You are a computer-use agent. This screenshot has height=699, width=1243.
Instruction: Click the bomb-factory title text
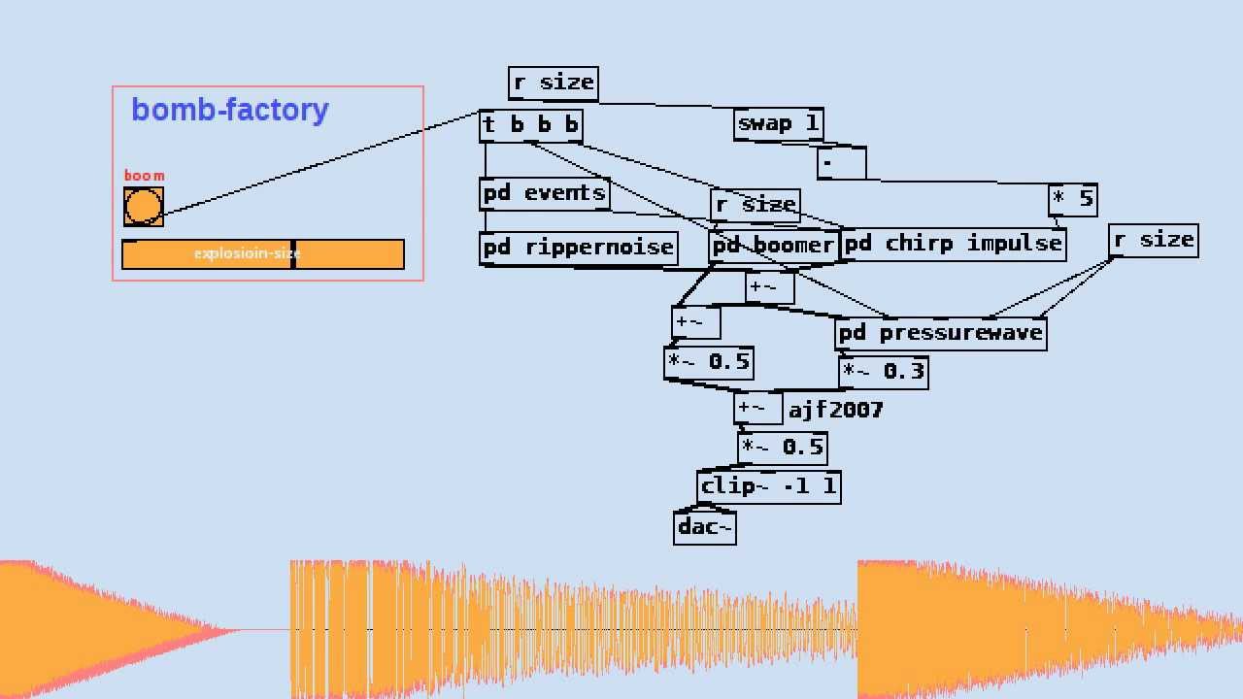coord(230,110)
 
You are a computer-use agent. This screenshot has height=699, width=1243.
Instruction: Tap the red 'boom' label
coord(144,176)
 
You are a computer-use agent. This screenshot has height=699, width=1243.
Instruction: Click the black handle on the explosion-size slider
coord(292,254)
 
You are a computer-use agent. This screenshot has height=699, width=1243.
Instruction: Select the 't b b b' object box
coord(531,125)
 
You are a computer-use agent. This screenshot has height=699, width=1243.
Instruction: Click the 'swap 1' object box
coord(778,124)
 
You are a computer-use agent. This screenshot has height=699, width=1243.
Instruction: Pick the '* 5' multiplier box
coord(1072,200)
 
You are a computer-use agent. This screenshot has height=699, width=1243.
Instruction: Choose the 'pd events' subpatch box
coord(544,193)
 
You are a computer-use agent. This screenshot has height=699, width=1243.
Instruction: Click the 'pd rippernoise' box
coord(579,248)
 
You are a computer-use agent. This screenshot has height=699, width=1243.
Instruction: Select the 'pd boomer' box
coord(773,246)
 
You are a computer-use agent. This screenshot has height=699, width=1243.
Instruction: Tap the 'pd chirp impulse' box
coord(953,244)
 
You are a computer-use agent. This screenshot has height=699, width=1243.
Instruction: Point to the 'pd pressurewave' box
coord(940,333)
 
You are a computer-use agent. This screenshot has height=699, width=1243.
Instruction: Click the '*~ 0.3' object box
coord(883,372)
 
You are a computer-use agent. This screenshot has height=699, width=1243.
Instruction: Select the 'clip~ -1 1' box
coord(768,486)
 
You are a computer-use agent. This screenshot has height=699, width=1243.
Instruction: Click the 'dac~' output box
coord(704,527)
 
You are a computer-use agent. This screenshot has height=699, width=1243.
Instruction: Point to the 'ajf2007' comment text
coord(835,410)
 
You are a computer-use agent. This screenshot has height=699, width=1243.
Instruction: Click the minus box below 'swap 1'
coord(841,163)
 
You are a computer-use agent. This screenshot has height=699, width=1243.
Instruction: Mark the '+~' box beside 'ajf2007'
coord(757,409)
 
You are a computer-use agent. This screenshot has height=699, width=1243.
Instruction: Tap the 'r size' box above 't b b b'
coord(553,83)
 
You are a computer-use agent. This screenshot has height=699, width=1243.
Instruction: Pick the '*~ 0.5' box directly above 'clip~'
coord(782,448)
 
